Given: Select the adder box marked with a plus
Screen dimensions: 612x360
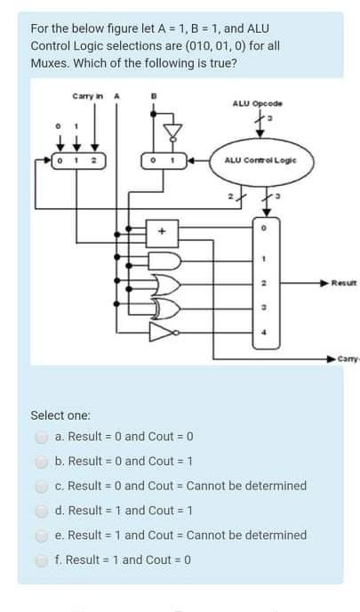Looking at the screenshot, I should click(x=163, y=230).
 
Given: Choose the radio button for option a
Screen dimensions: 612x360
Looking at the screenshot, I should click(x=42, y=437).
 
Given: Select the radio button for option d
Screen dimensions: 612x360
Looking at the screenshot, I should click(x=42, y=511).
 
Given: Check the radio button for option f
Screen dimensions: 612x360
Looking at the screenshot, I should click(x=42, y=560).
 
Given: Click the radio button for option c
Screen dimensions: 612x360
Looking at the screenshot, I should click(x=42, y=486).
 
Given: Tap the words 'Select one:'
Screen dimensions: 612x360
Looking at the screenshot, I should click(x=60, y=415).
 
